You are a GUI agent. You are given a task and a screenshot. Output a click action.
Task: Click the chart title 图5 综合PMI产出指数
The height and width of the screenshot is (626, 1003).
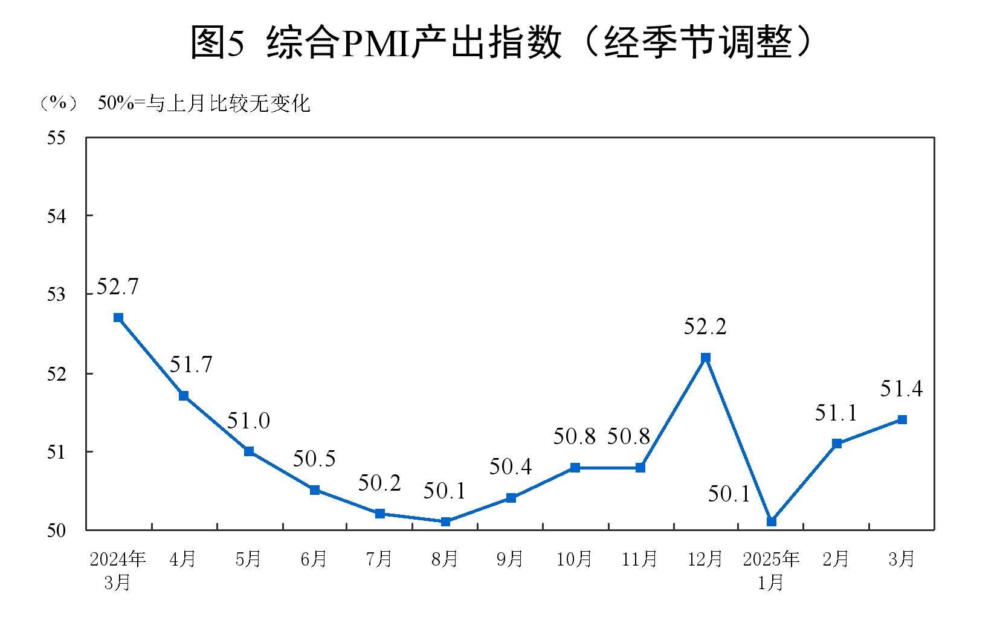pos(502,42)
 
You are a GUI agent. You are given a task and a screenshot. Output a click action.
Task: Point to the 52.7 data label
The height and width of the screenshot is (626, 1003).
pos(117,286)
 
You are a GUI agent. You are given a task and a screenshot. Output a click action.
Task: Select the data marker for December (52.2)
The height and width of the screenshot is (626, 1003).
pos(705,358)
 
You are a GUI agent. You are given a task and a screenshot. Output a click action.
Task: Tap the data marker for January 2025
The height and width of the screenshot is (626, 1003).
pos(771,521)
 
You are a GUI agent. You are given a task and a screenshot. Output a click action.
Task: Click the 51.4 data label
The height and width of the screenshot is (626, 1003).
pos(901,389)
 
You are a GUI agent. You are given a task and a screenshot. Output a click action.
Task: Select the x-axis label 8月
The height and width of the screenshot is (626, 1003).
pos(445,560)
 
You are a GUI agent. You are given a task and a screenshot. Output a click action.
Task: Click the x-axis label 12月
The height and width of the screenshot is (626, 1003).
pos(705,560)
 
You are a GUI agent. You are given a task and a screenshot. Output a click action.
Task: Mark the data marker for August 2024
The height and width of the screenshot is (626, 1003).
pos(445,521)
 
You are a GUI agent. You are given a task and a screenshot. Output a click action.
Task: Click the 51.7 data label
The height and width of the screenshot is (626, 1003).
pos(191,365)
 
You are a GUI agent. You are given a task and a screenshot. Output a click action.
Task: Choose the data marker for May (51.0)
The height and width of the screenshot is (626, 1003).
pos(249,451)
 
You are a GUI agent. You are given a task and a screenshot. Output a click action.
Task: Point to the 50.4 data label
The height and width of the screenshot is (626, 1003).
pos(511,466)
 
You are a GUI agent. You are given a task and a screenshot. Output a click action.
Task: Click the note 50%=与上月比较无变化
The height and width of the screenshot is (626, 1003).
pos(204,104)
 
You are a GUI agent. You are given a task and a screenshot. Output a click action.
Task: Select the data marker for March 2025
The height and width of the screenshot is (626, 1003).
pos(901,419)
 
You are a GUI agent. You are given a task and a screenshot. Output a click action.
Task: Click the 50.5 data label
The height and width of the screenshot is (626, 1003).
pos(314,459)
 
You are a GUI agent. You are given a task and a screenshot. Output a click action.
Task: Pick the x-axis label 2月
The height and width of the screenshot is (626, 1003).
pos(836,560)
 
